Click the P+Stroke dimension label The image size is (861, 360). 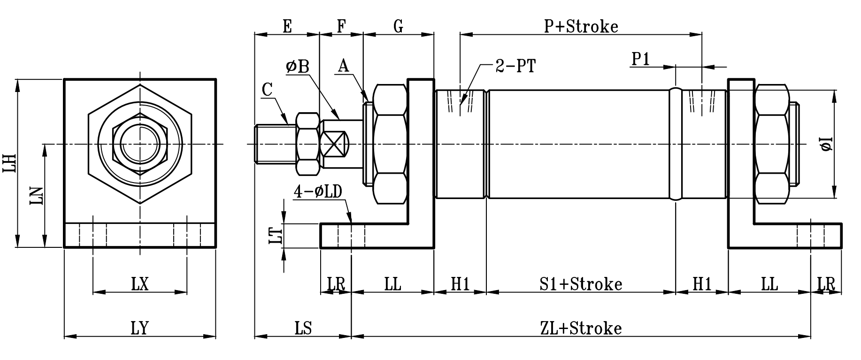pyautogui.click(x=581, y=26)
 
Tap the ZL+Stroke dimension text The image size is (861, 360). pyautogui.click(x=581, y=328)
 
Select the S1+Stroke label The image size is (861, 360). pyautogui.click(x=581, y=284)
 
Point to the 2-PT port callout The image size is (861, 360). pyautogui.click(x=515, y=66)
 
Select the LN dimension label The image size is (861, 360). pyautogui.click(x=37, y=196)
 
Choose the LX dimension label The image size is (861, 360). pyautogui.click(x=139, y=284)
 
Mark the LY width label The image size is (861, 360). pyautogui.click(x=139, y=328)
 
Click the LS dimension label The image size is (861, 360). pyautogui.click(x=303, y=328)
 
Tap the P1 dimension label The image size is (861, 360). pyautogui.click(x=640, y=60)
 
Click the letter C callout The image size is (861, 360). pyautogui.click(x=267, y=90)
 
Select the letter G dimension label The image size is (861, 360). pyautogui.click(x=398, y=26)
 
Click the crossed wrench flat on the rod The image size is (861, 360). pyautogui.click(x=335, y=144)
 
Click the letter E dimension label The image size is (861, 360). pyautogui.click(x=287, y=26)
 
